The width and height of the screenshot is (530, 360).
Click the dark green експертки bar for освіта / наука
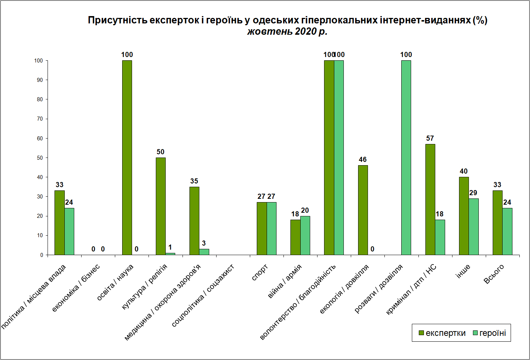pos(127,158)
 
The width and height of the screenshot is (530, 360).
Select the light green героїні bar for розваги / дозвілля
pos(406,158)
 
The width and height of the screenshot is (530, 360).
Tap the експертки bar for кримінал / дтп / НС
pos(430,199)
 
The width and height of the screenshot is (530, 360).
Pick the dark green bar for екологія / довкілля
pos(363,210)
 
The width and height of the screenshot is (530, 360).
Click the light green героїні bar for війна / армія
pos(305,235)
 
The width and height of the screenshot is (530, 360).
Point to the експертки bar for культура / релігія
pos(161,206)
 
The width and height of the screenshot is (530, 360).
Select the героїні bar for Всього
pos(507,231)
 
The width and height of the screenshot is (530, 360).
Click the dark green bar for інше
pos(464,216)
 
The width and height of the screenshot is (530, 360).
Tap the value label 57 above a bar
pos(430,138)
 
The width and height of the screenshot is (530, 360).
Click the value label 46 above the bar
pos(363,159)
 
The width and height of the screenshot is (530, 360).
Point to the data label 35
pos(194,181)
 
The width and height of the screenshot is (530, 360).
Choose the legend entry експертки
pos(442,333)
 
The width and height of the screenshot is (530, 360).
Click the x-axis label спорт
pos(260,273)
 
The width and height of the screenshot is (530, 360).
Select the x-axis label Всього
pos(494,274)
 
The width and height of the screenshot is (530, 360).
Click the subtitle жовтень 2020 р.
pos(287,31)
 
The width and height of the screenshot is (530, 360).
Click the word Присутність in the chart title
pos(117,20)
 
